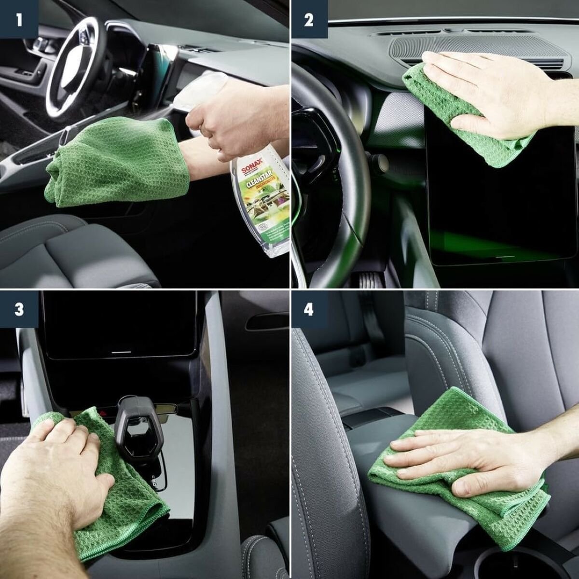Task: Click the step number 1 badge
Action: coord(19,19)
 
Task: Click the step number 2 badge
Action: coord(309,19)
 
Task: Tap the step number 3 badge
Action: coord(19,309)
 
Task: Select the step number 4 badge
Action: coord(309,309)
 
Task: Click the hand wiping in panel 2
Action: coord(497,92)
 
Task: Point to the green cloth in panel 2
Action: coord(434,96)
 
